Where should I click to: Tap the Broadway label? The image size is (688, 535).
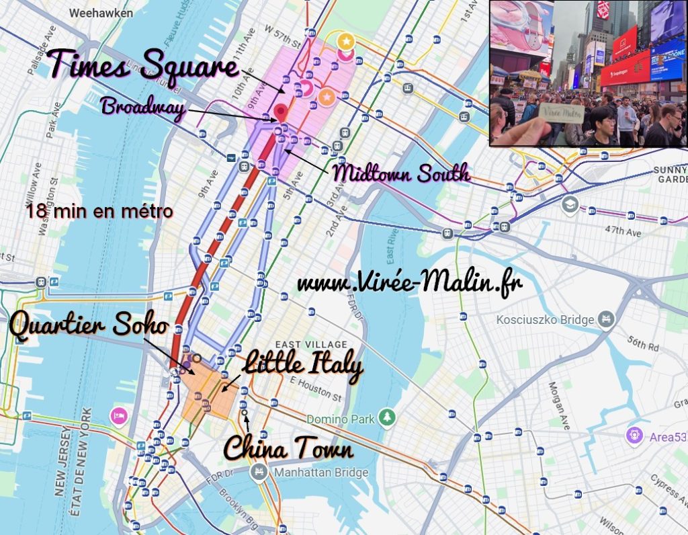[x=142, y=108]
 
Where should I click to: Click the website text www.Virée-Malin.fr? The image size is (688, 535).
[x=409, y=282]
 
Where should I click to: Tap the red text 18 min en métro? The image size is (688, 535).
[x=100, y=212]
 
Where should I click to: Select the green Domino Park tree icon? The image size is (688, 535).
[x=387, y=418]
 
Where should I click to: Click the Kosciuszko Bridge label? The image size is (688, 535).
[x=545, y=320]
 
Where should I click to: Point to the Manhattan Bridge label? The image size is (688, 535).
[x=321, y=472]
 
